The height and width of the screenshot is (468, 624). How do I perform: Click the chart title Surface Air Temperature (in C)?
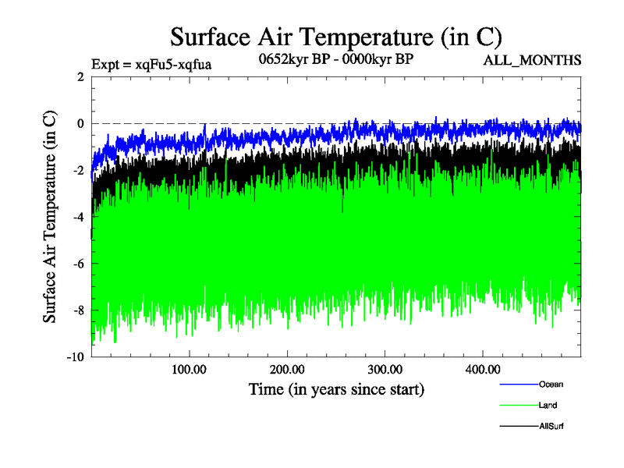point(335,37)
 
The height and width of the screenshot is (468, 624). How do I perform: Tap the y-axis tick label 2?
point(80,76)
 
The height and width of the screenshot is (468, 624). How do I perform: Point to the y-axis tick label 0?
point(80,123)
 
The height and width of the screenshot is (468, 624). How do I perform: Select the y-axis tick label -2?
point(78,170)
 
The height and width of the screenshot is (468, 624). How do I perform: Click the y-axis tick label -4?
point(78,217)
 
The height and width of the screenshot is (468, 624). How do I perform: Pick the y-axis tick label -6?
point(78,264)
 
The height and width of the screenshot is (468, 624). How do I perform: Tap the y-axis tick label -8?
point(78,310)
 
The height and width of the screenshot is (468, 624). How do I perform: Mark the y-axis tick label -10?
point(75,357)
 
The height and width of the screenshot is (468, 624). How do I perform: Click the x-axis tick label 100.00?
point(189,370)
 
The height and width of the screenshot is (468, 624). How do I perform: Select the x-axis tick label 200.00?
point(287,370)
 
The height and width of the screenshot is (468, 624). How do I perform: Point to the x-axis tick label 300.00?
point(385,370)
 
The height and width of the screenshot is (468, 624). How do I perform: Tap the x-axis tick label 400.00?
point(483,370)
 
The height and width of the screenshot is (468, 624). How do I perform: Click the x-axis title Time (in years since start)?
point(335,388)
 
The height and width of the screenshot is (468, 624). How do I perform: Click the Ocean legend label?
point(550,384)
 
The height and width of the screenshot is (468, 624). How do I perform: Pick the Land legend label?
point(548,405)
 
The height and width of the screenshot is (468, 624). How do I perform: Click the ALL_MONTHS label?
point(533,61)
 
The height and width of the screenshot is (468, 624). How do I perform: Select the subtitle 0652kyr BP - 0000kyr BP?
point(335,58)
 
